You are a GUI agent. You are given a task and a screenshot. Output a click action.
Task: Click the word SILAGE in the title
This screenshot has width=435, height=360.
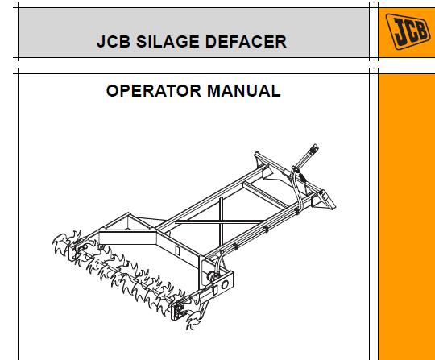[x=168, y=42]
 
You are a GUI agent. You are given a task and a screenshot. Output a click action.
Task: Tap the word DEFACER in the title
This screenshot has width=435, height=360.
[x=246, y=42]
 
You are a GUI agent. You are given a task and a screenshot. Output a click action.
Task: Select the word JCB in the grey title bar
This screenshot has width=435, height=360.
[x=114, y=42]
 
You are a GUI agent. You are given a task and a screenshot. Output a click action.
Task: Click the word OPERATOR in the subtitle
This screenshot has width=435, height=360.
[x=154, y=91]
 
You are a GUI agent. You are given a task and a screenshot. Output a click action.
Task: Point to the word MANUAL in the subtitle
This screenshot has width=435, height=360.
[x=244, y=91]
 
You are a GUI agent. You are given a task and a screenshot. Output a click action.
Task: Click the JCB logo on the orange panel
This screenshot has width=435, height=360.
[x=408, y=31]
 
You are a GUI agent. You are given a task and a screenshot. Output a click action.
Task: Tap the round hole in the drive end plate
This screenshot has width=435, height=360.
[x=225, y=284]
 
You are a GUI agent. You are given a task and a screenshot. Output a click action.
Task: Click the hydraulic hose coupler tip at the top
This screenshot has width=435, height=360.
[x=315, y=148]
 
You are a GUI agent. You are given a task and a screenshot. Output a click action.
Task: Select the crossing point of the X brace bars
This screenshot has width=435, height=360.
[x=221, y=221]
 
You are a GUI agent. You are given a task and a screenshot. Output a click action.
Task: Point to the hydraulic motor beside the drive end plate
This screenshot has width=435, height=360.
[x=212, y=276]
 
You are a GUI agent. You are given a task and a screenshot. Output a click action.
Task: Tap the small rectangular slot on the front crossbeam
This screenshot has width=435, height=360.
[x=177, y=250]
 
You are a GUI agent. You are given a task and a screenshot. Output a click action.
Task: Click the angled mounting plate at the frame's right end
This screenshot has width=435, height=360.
[x=328, y=199]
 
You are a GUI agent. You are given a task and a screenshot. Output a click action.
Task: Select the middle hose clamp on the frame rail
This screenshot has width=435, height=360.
[x=266, y=229]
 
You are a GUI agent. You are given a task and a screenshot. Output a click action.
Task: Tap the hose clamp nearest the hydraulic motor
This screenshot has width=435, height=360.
[x=235, y=246]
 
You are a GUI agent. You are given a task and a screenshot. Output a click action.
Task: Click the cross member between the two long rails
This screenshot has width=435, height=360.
[x=266, y=196]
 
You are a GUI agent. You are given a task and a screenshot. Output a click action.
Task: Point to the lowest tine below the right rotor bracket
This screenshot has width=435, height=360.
[x=193, y=321]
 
